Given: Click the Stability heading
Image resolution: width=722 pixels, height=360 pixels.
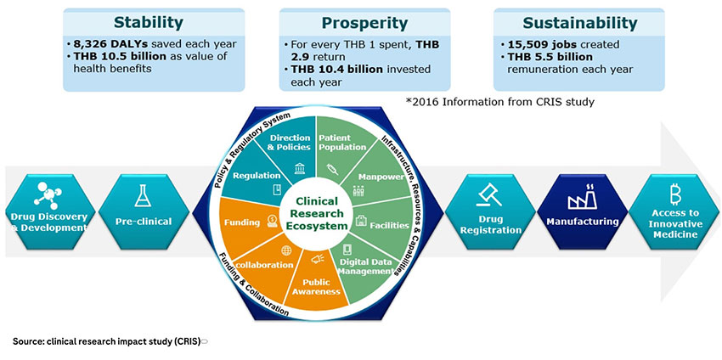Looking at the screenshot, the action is [149, 23].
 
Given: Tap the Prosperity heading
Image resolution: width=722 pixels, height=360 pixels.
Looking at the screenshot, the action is [364, 23].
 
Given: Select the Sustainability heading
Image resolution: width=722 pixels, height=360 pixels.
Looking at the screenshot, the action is [580, 23].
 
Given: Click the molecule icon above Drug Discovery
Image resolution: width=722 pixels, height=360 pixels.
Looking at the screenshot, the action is [47, 194].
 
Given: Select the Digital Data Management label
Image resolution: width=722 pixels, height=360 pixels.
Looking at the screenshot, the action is [365, 267].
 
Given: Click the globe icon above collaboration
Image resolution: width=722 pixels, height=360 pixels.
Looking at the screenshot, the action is [286, 250].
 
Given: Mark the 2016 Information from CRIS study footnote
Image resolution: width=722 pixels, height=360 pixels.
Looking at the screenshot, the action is [499, 102].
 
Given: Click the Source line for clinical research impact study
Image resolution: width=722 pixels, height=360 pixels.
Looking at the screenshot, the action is [107, 341].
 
